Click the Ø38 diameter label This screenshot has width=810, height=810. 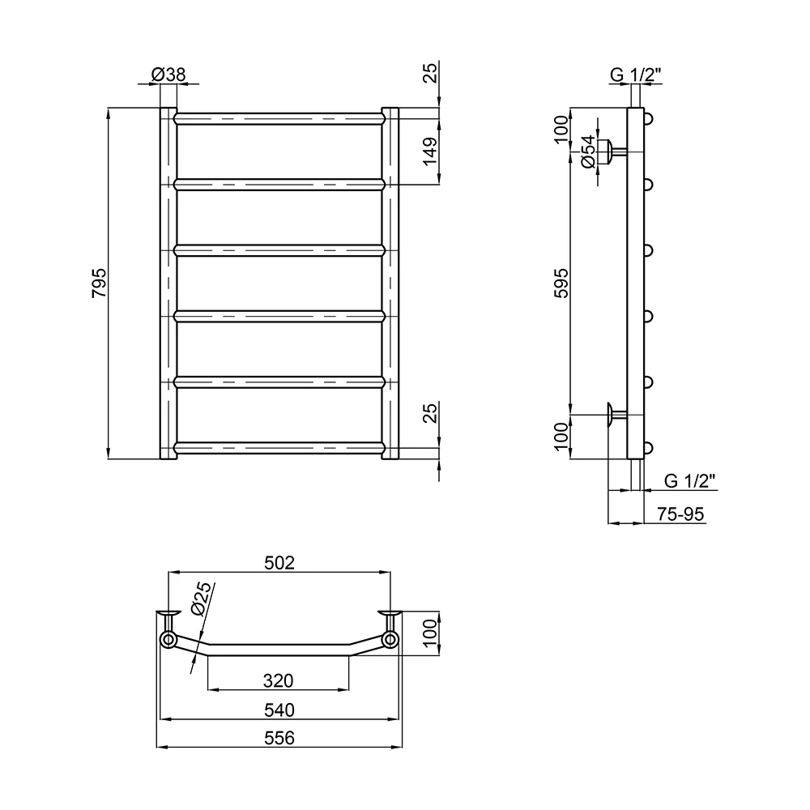pos(168,75)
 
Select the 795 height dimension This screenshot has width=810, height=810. pos(99,283)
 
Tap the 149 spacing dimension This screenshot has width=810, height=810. pos(430,151)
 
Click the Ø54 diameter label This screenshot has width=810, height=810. pos(588,152)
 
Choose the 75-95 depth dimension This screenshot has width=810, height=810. pos(680,514)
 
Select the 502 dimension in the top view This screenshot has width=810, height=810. pos(279,563)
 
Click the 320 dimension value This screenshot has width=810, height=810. pos(278,681)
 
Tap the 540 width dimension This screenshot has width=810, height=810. pos(279,710)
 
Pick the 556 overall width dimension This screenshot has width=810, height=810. pos(279,738)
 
